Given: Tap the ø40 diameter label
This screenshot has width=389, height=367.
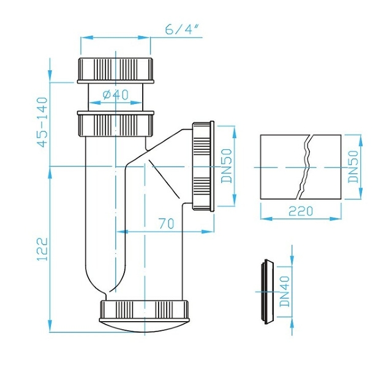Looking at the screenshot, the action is tap(116, 94).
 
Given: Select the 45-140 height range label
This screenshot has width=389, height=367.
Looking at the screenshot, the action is tap(42, 122).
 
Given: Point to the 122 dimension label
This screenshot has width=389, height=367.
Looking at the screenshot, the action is tap(42, 249).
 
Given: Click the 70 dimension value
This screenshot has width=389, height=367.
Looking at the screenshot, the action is tap(167, 224).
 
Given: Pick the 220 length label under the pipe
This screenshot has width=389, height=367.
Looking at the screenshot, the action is tap(301, 211).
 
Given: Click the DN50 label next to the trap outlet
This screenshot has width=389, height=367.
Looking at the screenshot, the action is tap(226, 166).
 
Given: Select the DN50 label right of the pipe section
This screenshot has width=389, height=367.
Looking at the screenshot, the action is tap(353, 166).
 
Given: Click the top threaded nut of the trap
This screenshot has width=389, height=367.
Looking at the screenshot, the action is tap(116, 70).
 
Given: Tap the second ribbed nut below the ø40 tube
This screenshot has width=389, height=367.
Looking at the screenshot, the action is tap(116, 124).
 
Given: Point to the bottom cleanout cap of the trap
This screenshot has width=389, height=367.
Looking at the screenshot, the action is tap(145, 315).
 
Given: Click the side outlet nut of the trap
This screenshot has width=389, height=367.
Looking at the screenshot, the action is tap(203, 166).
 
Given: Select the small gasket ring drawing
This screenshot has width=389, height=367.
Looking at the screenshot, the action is tap(267, 292).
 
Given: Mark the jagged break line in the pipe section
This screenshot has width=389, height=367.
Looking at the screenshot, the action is tap(304, 166).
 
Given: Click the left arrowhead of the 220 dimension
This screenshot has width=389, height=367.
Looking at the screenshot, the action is tap(266, 218).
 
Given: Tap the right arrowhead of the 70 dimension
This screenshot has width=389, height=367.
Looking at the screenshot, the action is tap(208, 232).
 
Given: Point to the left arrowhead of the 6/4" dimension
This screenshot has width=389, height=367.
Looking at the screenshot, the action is tap(86, 38).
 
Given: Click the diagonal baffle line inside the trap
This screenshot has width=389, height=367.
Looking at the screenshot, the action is tap(164, 179).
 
